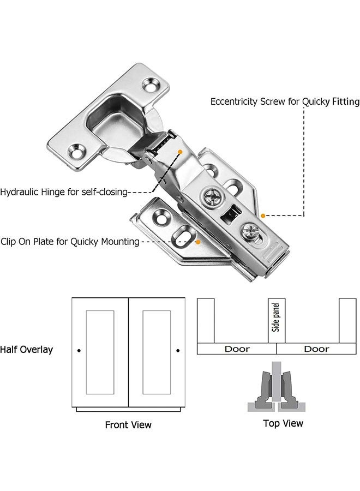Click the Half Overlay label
click(x=26, y=350)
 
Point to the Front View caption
click(x=128, y=424)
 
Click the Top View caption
click(x=283, y=423)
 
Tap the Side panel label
click(x=275, y=317)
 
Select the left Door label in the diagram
click(x=237, y=349)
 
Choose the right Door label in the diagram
click(x=316, y=349)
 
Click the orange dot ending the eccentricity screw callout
click(x=263, y=215)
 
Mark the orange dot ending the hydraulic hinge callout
click(x=180, y=152)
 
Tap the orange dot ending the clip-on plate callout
click(x=198, y=242)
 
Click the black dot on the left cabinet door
click(x=79, y=350)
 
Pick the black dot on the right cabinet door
click(x=178, y=350)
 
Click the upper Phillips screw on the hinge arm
click(x=213, y=197)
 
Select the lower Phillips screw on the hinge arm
click(x=251, y=232)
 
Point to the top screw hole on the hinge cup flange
click(x=152, y=85)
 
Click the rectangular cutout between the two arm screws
click(x=231, y=213)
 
